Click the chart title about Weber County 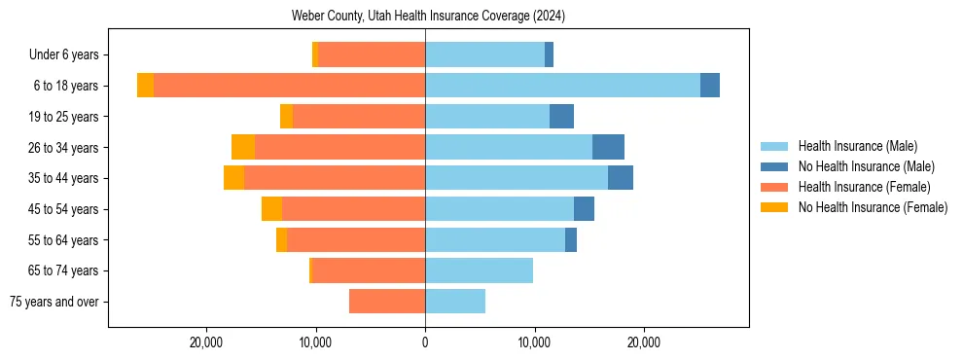point(428,17)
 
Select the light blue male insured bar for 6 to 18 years point(562,86)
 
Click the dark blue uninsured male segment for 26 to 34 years point(608,147)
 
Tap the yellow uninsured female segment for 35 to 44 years point(233,178)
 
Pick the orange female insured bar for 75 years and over point(387,302)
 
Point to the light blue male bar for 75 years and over point(455,302)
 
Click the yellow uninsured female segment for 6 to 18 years point(145,86)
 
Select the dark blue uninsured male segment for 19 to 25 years point(561,117)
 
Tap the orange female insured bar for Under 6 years point(372,54)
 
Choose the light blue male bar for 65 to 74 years point(479,270)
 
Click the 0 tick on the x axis point(425,342)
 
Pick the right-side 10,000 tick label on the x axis point(534,342)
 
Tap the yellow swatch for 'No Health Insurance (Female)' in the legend point(774,207)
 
